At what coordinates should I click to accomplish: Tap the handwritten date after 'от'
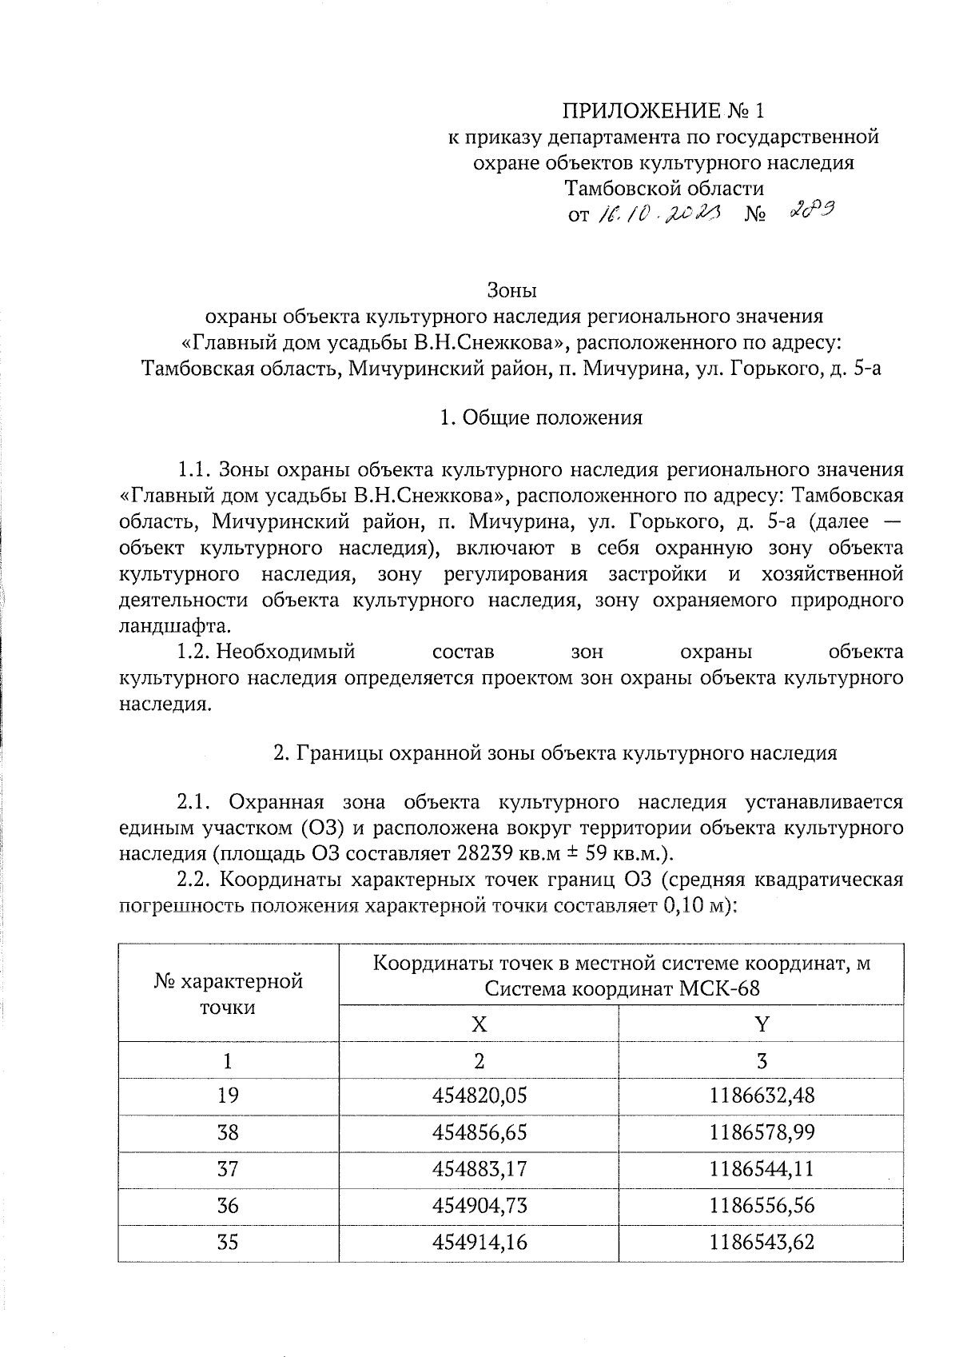(x=656, y=214)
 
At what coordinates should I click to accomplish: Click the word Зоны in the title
(x=511, y=289)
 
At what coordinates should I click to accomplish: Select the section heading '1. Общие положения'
(x=541, y=417)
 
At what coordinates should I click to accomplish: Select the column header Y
(x=762, y=1024)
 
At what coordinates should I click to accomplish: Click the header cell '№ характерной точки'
(x=229, y=994)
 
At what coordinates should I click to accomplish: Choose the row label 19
(x=229, y=1095)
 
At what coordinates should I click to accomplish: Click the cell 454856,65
(x=479, y=1132)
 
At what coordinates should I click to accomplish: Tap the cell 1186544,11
(x=762, y=1169)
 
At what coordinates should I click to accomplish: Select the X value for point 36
(x=479, y=1206)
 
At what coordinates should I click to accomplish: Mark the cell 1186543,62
(x=762, y=1243)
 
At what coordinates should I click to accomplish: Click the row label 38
(x=229, y=1132)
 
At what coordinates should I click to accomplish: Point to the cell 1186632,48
(x=762, y=1095)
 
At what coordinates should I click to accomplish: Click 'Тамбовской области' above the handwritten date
(x=663, y=189)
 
